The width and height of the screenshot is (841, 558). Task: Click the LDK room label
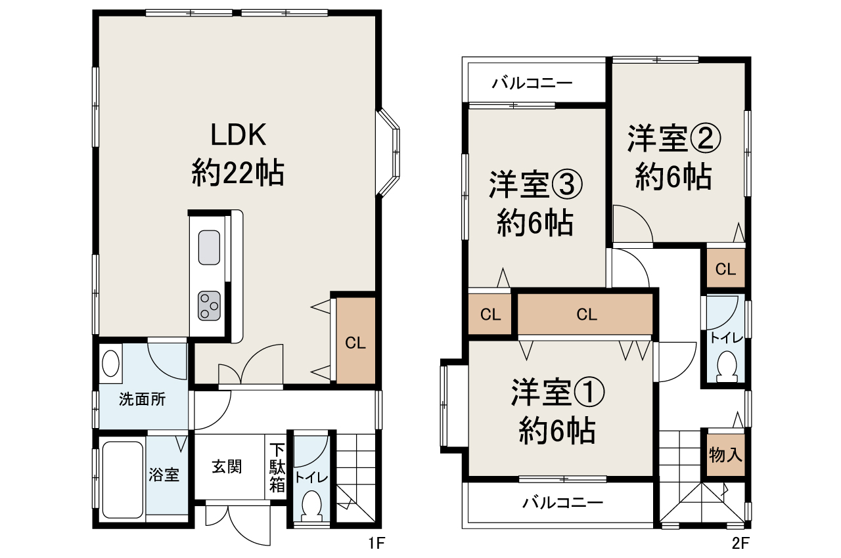point(237,136)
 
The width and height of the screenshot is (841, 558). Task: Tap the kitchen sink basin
point(209,247)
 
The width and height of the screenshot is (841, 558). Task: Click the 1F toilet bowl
point(311,505)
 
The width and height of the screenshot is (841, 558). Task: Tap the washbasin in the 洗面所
point(111,363)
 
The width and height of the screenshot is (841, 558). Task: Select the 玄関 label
point(227,467)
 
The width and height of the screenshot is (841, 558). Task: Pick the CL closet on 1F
point(355,341)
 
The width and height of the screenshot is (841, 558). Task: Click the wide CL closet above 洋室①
point(586,314)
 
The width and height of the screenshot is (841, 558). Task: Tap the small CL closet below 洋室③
point(490,314)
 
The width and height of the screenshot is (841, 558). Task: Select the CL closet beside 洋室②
point(725,268)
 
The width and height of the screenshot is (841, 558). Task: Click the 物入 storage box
point(725,454)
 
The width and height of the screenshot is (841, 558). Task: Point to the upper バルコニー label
point(532,83)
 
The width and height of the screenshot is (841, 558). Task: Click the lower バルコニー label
point(562,504)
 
